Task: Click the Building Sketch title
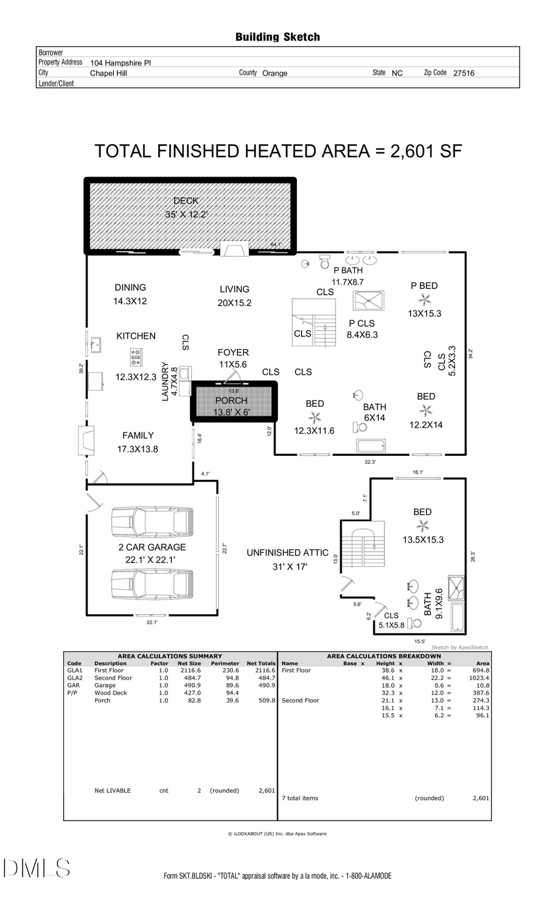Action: point(277,37)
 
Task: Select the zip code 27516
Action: point(464,73)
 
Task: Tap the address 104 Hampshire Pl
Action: point(120,63)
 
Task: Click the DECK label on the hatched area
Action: point(185,201)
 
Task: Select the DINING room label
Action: point(130,287)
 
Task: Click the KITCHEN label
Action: point(136,336)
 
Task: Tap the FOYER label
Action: point(233,352)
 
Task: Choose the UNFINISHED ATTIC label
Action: point(288,552)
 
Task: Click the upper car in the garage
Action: point(151,523)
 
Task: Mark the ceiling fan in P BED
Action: point(424,299)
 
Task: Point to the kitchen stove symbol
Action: point(136,357)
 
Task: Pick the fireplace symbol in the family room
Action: point(86,441)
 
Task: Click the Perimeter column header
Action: point(224,663)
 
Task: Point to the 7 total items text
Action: point(300,798)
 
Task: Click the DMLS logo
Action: point(37,868)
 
